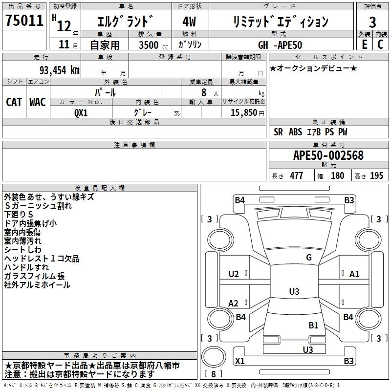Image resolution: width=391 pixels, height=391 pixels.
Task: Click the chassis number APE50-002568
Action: coord(328,156)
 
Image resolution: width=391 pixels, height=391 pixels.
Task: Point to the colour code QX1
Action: coord(81,112)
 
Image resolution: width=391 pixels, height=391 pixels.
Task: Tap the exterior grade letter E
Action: coord(364,45)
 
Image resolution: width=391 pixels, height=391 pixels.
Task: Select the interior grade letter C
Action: coord(380,45)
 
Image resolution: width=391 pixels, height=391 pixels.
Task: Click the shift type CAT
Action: coord(14,102)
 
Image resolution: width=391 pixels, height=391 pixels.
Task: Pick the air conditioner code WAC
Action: coord(38,102)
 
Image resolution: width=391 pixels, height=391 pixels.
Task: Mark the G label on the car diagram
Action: coord(308,258)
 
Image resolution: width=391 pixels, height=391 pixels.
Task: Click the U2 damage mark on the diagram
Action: coord(234,274)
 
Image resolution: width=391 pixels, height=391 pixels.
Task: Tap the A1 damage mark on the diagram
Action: coord(354,274)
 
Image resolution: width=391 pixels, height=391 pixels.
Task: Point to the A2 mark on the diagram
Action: coord(234,304)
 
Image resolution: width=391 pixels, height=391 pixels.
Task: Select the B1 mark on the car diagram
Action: coord(313,325)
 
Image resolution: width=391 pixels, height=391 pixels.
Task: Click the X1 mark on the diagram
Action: coord(239,361)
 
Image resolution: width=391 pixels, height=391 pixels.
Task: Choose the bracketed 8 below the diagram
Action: coord(213,374)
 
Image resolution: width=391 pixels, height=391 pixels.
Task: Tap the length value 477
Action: coord(296,176)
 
